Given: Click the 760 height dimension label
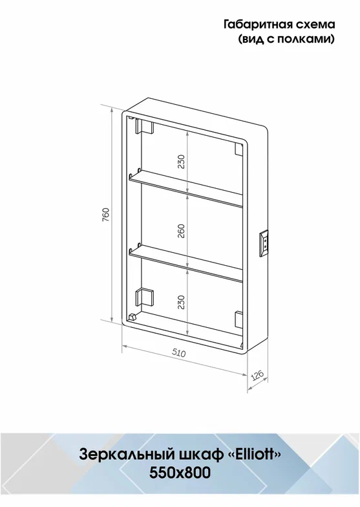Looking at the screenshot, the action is (106, 215).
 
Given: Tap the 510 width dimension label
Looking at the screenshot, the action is (178, 353).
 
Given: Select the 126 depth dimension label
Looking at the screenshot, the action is (257, 376).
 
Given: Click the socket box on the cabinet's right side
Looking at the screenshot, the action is (264, 244).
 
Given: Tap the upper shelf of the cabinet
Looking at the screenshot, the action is (185, 189).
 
